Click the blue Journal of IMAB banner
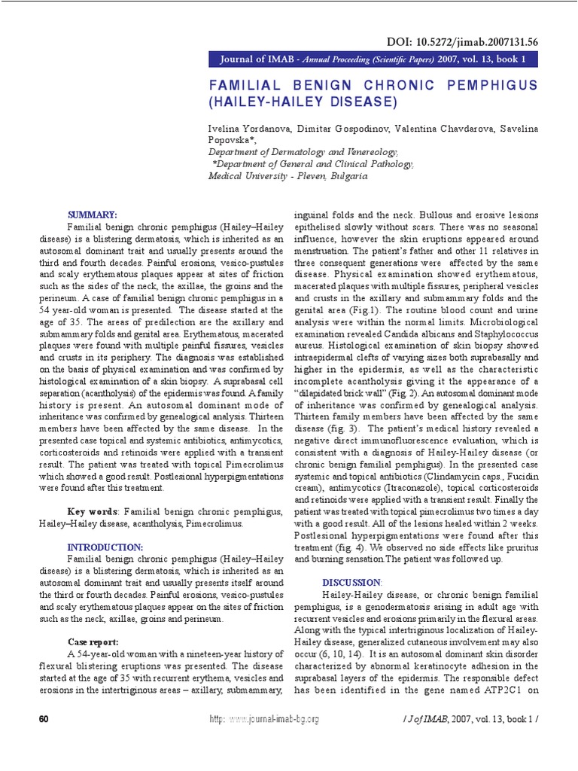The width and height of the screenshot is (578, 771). [374, 59]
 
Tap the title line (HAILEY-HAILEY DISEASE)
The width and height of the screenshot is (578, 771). [302, 100]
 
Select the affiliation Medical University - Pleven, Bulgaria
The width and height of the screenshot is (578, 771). [287, 175]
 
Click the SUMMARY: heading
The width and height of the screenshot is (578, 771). [93, 215]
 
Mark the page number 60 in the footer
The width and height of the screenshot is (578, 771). [44, 719]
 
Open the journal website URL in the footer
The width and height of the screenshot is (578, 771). [263, 719]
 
